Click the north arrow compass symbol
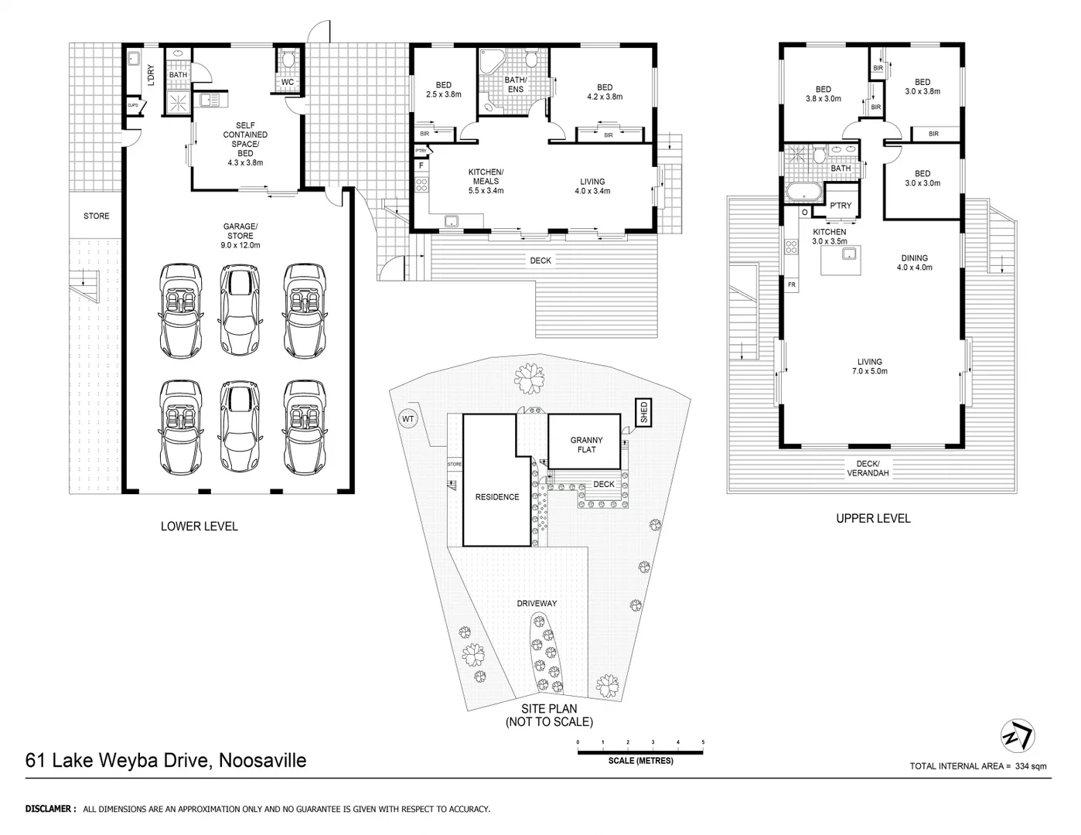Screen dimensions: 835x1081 coord(1018,734)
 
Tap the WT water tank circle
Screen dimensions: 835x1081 coord(408,419)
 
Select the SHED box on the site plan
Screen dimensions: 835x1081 coord(643,414)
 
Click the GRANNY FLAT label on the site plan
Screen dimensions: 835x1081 coord(586,445)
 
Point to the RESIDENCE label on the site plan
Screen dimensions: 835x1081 coord(496,497)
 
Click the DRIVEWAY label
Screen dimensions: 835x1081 coord(537,603)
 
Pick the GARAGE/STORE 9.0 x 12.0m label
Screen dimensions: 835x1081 coord(240,236)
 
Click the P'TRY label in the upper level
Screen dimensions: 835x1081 coord(840,206)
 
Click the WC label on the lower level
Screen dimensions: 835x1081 coord(287,82)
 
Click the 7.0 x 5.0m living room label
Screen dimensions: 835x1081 coord(869,366)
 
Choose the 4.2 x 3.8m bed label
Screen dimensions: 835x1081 coord(605,92)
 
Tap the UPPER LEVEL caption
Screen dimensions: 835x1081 coord(873,519)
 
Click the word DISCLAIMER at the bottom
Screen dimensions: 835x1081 coord(50,809)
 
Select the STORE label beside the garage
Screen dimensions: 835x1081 coord(97,216)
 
